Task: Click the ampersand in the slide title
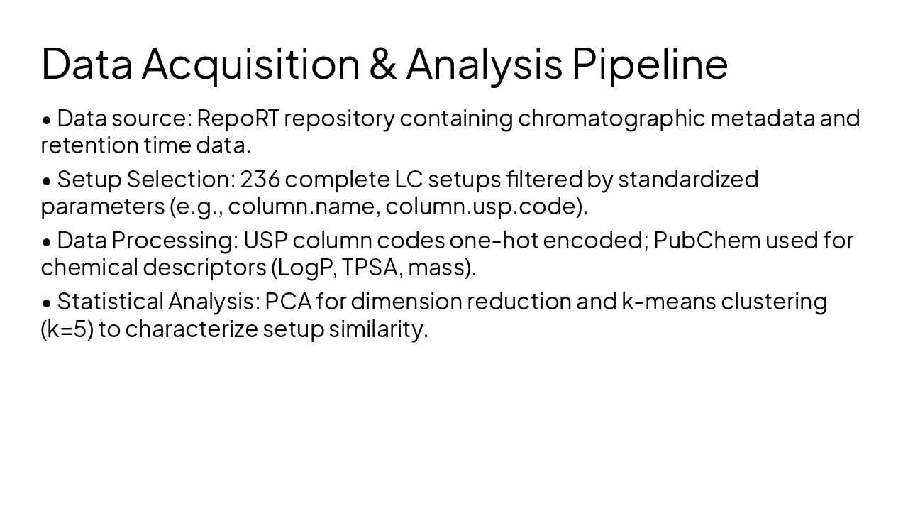pyautogui.click(x=382, y=63)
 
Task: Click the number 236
pyautogui.click(x=260, y=180)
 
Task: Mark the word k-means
pyautogui.click(x=668, y=302)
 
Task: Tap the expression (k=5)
pyautogui.click(x=67, y=329)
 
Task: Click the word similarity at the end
pyautogui.click(x=378, y=329)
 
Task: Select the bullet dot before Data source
pyautogui.click(x=47, y=120)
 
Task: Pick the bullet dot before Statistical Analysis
pyautogui.click(x=47, y=303)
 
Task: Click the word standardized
pyautogui.click(x=688, y=180)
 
